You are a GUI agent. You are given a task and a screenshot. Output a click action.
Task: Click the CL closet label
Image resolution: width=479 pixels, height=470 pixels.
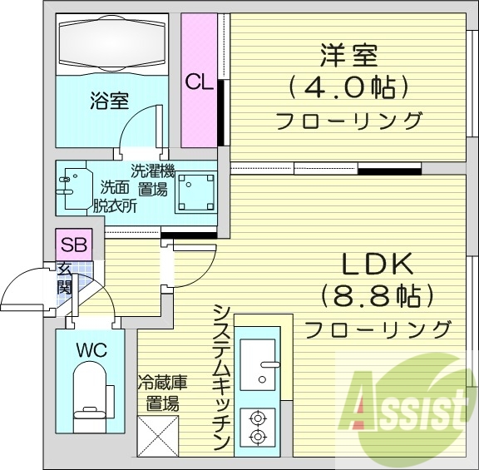click(200, 82)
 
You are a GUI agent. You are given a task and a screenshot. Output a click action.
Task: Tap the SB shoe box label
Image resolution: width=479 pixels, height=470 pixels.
click(71, 245)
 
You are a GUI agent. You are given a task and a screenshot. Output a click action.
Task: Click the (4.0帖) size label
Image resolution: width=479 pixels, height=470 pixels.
click(348, 87)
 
